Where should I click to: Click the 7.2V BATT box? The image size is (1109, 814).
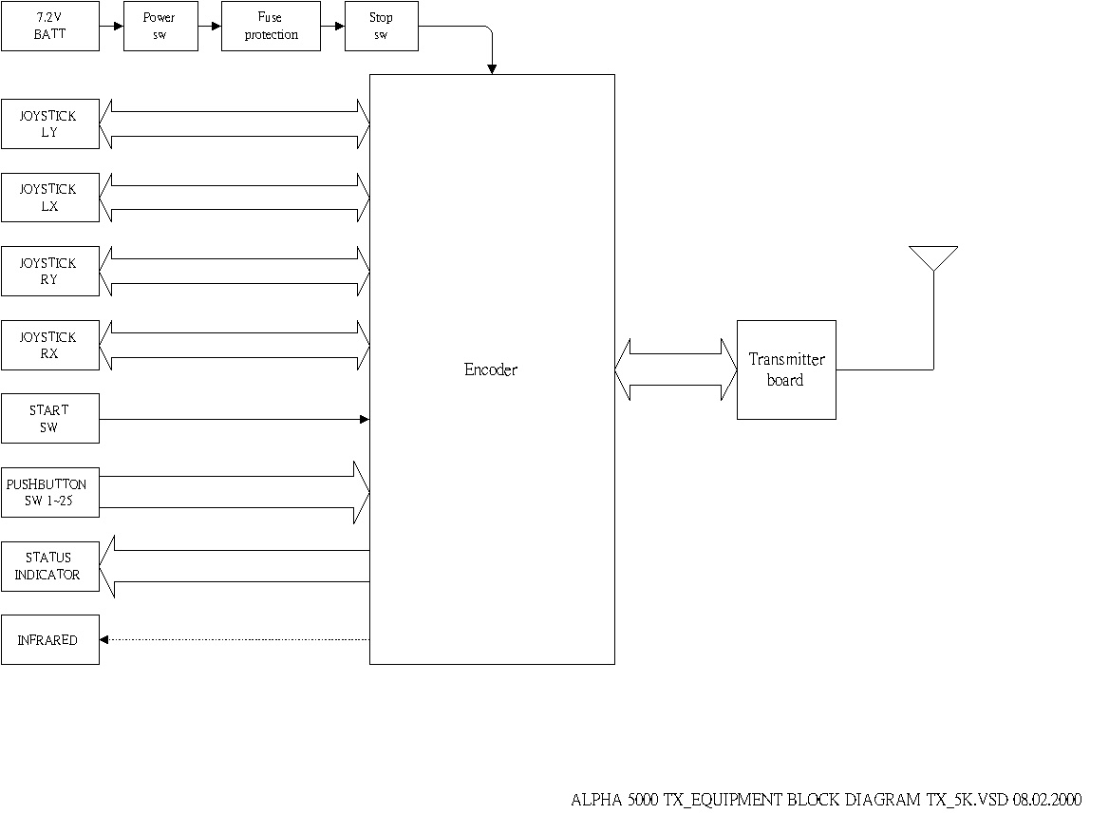click(49, 26)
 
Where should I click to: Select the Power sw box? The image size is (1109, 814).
click(159, 26)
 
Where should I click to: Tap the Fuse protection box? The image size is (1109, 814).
click(271, 26)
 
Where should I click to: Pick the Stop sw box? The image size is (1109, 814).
click(381, 26)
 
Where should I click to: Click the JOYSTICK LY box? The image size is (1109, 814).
click(49, 123)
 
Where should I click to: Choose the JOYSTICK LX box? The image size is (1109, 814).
click(49, 198)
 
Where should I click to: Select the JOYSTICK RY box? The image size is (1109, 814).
click(49, 271)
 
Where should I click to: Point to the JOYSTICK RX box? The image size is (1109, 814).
click(49, 345)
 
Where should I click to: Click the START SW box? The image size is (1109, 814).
click(49, 418)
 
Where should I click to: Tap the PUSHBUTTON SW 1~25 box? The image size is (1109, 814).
click(49, 492)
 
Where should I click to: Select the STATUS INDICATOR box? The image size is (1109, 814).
click(49, 566)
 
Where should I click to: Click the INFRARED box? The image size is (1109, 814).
click(49, 640)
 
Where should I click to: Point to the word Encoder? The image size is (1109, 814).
click(491, 369)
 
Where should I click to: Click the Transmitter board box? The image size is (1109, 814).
click(786, 369)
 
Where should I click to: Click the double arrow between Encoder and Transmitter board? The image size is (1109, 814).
click(676, 369)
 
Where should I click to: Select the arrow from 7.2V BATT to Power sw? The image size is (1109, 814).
click(111, 26)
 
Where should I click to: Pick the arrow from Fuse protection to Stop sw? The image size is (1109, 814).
click(332, 26)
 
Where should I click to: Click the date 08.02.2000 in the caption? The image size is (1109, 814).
click(1046, 799)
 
